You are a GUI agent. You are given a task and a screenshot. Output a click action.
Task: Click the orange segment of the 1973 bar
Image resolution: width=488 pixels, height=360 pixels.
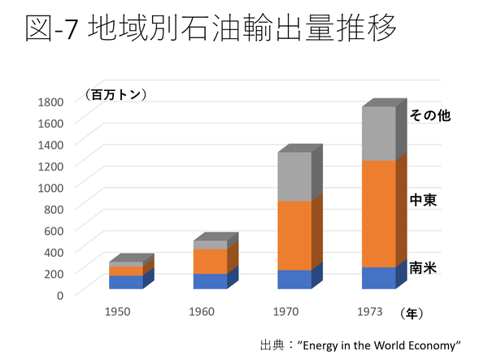378,213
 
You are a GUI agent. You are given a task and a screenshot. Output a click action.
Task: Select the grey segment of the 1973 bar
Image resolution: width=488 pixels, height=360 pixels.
378,133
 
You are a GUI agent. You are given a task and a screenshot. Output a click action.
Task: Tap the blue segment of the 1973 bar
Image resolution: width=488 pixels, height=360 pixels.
378,277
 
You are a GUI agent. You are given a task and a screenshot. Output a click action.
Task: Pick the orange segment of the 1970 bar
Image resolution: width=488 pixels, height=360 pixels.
294,235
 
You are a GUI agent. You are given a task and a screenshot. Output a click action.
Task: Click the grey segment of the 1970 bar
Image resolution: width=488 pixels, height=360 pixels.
294,176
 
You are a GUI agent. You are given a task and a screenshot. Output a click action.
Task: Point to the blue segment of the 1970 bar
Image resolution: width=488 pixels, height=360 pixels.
294,279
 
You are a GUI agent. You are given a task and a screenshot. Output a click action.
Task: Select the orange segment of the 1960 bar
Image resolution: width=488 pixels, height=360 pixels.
210,261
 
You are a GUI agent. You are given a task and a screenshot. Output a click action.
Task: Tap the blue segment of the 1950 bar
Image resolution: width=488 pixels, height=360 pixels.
125,282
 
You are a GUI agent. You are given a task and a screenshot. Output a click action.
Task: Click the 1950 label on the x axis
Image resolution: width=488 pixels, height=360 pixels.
118,311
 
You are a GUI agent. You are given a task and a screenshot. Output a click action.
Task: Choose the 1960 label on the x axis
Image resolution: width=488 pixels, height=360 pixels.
203,311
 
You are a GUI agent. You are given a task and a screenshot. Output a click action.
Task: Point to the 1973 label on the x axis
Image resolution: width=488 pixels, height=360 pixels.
371,311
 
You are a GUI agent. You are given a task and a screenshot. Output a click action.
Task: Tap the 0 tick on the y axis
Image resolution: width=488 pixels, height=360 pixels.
60,294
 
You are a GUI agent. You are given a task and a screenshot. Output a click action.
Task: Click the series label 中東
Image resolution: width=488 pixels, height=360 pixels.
425,199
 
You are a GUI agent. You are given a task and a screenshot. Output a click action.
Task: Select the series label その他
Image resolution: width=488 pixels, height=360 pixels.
429,116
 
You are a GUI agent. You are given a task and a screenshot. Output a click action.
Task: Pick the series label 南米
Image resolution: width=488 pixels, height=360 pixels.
425,267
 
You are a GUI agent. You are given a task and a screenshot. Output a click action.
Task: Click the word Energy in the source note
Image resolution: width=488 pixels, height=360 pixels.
325,344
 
